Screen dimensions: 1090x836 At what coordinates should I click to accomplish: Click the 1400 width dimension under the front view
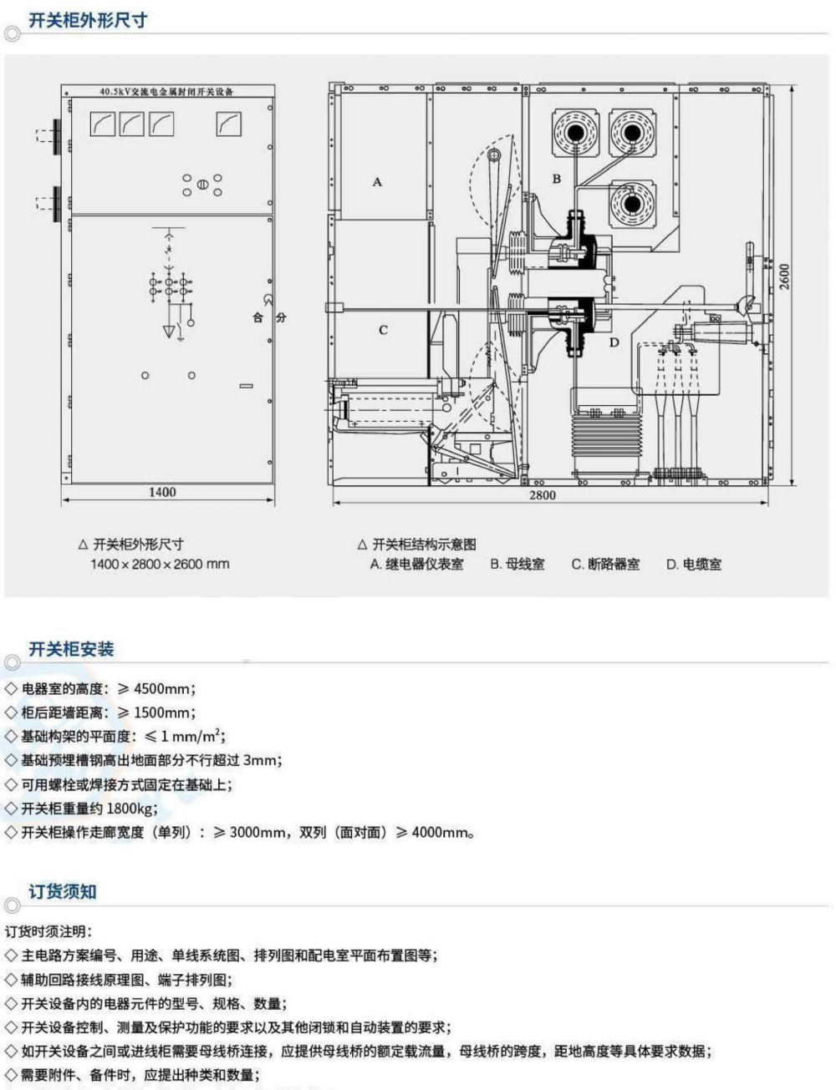click(x=162, y=492)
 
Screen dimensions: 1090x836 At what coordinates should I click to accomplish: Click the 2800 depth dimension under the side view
click(x=542, y=494)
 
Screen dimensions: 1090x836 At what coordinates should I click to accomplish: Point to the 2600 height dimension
click(x=785, y=276)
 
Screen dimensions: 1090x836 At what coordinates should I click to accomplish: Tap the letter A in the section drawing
click(x=377, y=181)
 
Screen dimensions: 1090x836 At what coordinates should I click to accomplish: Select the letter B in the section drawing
click(x=556, y=179)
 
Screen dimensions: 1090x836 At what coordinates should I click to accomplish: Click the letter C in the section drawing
click(x=383, y=330)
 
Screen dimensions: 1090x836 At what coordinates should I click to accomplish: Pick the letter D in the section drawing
click(x=614, y=342)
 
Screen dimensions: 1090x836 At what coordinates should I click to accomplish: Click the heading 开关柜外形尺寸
click(x=88, y=20)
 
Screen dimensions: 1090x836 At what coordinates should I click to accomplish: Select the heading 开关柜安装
click(x=71, y=649)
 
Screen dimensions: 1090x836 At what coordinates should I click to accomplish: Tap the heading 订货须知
click(x=63, y=891)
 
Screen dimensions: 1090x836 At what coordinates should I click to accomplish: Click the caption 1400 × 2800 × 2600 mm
click(x=160, y=564)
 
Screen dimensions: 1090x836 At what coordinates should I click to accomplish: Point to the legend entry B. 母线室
click(x=517, y=564)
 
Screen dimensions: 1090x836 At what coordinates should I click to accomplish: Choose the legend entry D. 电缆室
click(x=693, y=564)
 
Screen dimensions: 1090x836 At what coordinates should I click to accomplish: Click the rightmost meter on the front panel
click(x=228, y=124)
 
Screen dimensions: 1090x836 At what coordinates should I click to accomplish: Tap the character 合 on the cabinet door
click(x=257, y=318)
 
